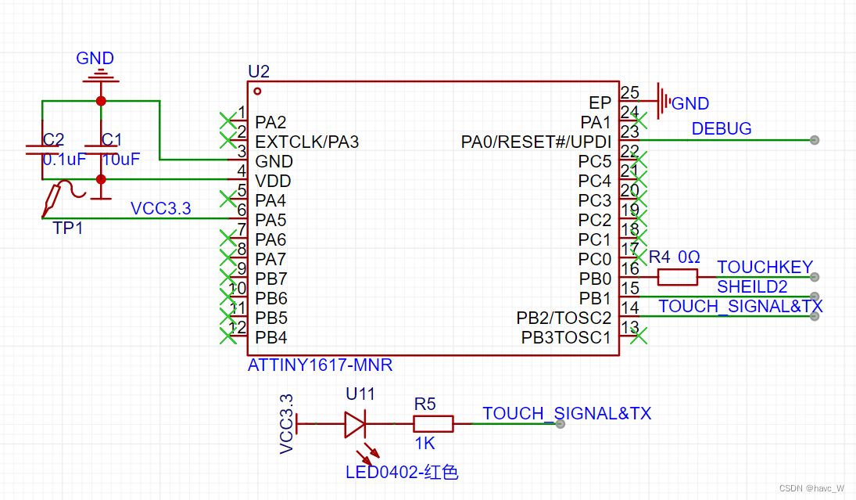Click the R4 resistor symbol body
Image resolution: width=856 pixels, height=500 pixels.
coord(677,276)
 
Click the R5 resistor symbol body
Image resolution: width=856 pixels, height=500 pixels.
coord(433,423)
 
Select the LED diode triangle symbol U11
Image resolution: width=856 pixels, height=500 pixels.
coord(354,423)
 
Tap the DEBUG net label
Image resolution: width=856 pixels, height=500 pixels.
coord(722,128)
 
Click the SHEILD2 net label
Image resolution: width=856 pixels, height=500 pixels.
coord(752,287)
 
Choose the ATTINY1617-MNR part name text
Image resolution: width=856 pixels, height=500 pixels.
coord(320,365)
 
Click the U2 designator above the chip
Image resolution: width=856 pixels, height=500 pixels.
coord(259,72)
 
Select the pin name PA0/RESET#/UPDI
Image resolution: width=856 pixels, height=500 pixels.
coord(536,142)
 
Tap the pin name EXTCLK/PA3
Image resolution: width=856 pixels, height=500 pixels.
coord(306,142)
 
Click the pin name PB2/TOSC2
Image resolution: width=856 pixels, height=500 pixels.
coord(564,318)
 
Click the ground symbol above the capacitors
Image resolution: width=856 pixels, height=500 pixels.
coord(100,77)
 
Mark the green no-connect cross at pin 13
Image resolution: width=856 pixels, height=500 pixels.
coord(639,336)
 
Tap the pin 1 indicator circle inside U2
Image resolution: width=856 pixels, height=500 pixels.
coord(257,90)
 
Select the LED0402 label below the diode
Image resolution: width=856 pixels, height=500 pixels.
coord(401,472)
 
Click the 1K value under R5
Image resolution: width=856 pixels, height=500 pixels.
coord(424,443)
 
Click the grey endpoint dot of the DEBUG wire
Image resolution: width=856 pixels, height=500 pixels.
coord(815,140)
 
